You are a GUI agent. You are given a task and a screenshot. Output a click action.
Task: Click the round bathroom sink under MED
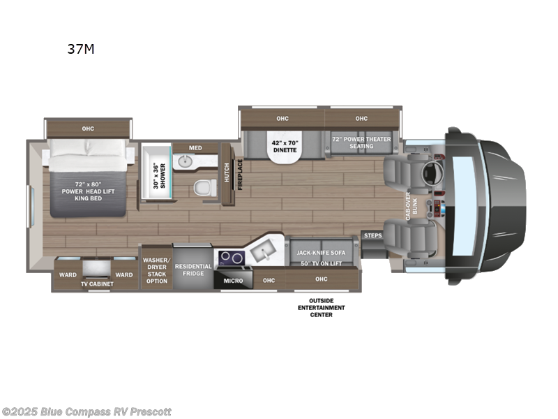click(185, 161)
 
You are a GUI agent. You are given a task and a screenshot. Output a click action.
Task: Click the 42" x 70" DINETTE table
click(284, 146)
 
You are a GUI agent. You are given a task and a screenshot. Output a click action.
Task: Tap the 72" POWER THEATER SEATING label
click(361, 142)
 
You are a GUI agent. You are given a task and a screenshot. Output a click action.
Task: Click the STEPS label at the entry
click(372, 236)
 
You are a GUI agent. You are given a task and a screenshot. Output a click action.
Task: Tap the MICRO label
click(232, 281)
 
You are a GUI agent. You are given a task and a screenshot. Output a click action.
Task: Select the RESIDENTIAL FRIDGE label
click(193, 270)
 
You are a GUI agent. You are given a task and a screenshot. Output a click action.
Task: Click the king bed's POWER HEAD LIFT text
click(86, 191)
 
